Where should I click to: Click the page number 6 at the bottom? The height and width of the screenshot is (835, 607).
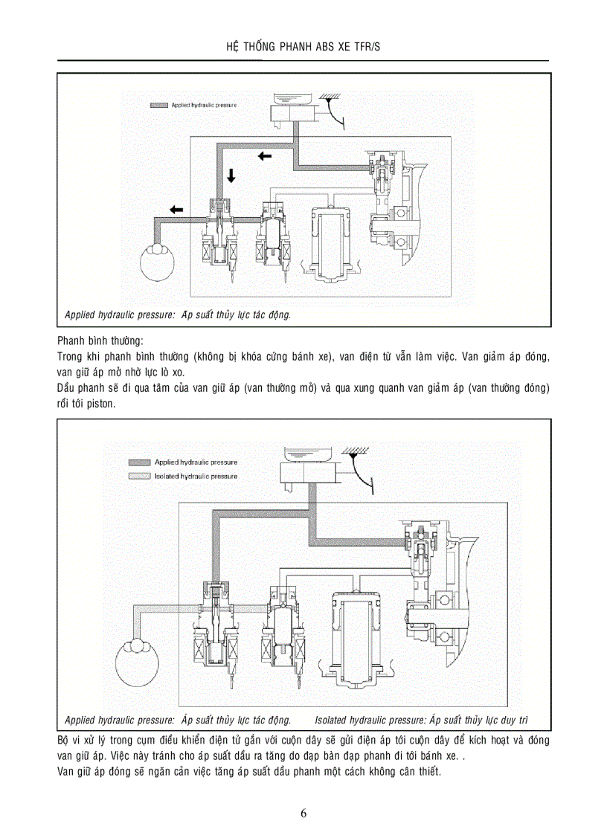303,812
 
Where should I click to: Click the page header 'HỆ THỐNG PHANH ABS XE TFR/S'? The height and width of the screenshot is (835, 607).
303,46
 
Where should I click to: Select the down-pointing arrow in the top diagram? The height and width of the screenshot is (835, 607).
231,175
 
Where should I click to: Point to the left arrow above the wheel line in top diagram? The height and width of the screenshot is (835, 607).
176,210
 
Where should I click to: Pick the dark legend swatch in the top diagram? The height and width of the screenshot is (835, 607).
158,106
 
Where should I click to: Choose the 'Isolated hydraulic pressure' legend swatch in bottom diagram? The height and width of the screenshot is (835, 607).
139,476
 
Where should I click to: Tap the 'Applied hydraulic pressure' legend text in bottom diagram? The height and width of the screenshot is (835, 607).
196,462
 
